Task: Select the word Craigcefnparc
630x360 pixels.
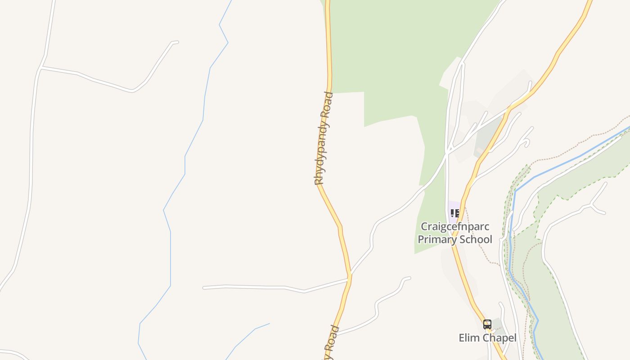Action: pyautogui.click(x=454, y=226)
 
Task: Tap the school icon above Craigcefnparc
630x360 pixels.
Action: pyautogui.click(x=454, y=213)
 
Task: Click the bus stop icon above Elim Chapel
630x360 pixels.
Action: pyautogui.click(x=487, y=324)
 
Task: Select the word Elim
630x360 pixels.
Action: pyautogui.click(x=468, y=337)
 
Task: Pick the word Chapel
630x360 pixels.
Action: pyautogui.click(x=498, y=337)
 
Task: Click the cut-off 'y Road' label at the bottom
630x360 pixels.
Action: pyautogui.click(x=332, y=344)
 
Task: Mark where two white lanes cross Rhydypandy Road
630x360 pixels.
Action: pyautogui.click(x=349, y=277)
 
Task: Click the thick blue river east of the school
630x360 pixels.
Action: pyautogui.click(x=580, y=156)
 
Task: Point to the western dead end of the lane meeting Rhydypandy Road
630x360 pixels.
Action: pyautogui.click(x=204, y=287)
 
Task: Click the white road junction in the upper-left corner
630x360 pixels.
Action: pyautogui.click(x=41, y=67)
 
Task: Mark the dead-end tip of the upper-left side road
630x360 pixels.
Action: pyautogui.click(x=177, y=42)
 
